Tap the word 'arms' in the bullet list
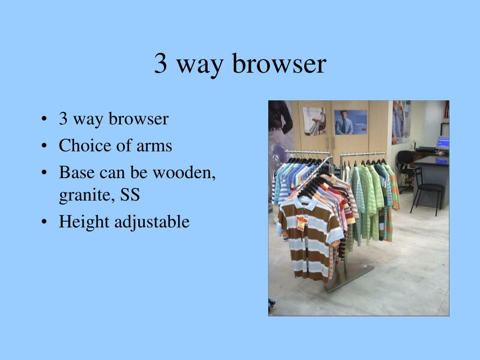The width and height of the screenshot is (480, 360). (x=154, y=146)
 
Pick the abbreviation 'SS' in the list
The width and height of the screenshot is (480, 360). (x=130, y=195)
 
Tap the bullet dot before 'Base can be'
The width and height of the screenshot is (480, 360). (x=44, y=173)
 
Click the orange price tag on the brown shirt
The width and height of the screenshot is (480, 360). (x=301, y=223)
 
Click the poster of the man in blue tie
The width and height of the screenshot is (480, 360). (x=351, y=122)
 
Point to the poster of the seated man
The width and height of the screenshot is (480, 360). (x=314, y=120)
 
